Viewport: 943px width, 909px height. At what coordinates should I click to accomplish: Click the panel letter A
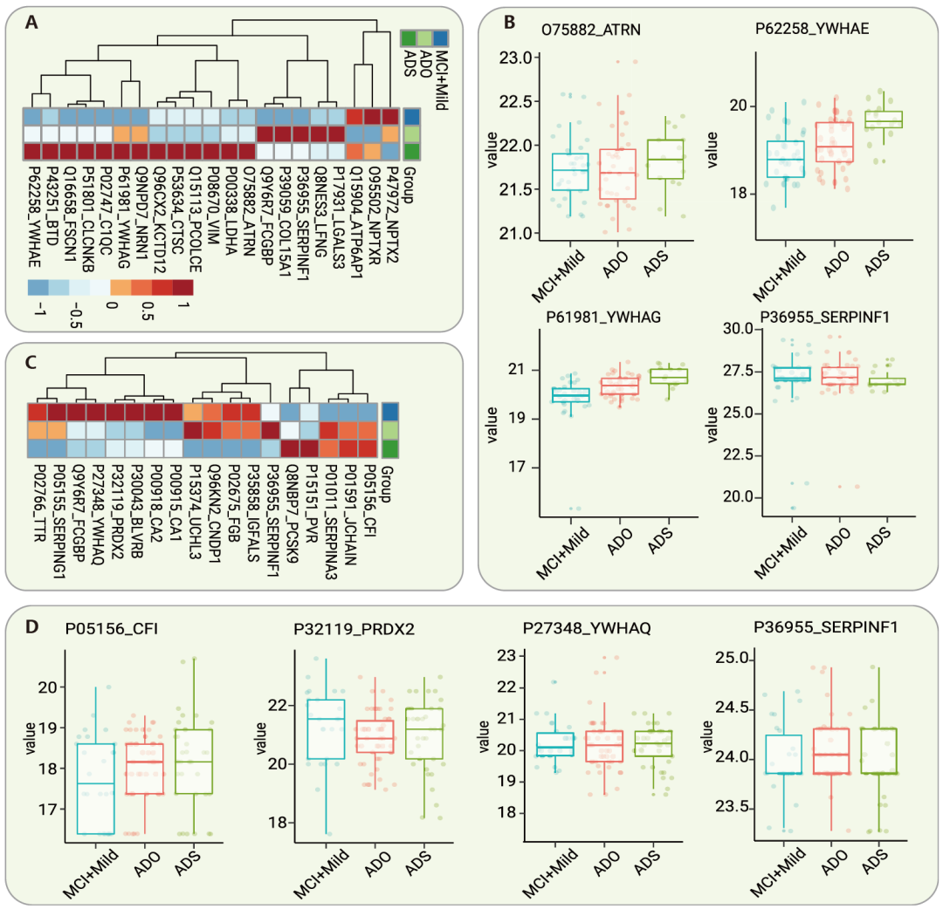click(31, 24)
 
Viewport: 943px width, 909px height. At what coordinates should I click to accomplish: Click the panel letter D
click(31, 626)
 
